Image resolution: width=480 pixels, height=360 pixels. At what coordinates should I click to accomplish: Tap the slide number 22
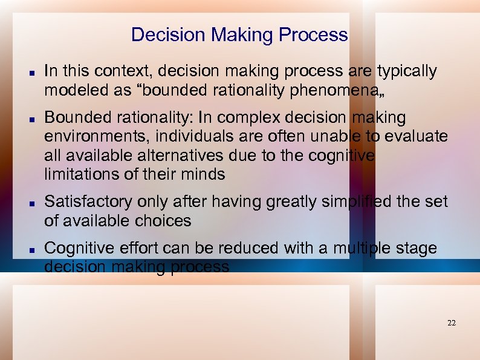click(x=452, y=323)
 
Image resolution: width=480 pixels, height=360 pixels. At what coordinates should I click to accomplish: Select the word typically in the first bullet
click(x=407, y=71)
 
